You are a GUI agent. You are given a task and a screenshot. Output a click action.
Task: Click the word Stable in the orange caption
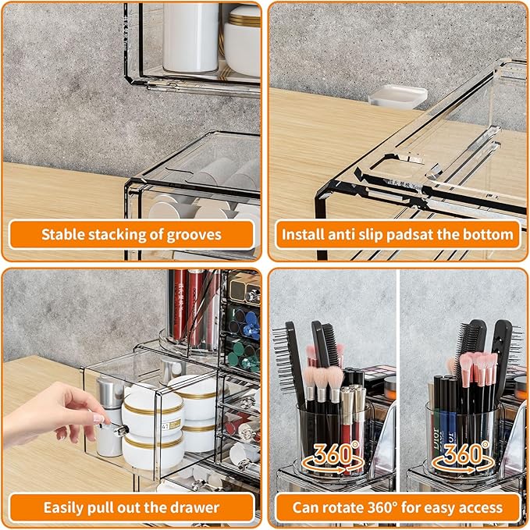62,234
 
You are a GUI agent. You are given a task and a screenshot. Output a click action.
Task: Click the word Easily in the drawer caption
64,507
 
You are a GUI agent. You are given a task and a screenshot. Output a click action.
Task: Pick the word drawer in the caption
194,507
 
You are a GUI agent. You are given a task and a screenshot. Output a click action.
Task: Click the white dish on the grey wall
398,96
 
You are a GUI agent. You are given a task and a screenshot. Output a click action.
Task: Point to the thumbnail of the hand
98,418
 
